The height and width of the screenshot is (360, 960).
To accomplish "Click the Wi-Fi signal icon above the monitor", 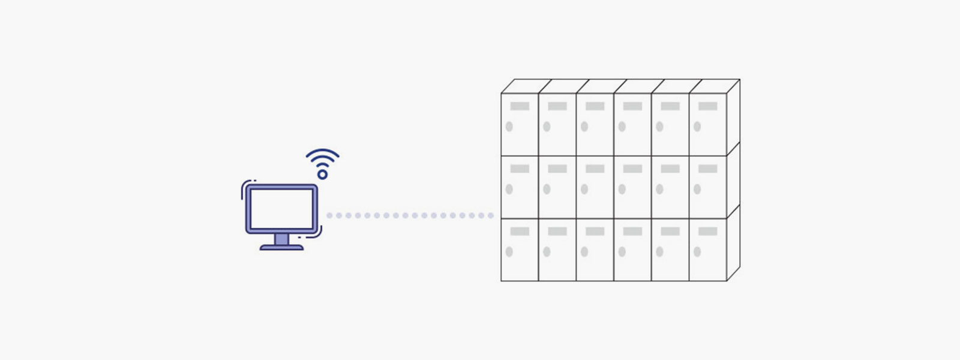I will [322, 161].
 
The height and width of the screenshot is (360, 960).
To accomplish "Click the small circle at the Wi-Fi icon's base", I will [322, 175].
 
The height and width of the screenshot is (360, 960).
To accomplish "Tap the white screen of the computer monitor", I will [281, 208].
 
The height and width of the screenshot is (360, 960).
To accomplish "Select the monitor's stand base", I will [281, 247].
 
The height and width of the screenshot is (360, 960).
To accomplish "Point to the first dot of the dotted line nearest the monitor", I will [329, 215].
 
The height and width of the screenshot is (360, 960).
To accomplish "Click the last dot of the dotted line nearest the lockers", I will [490, 215].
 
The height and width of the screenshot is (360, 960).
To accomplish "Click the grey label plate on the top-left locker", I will [520, 106].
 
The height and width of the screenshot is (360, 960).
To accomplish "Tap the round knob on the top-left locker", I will [509, 127].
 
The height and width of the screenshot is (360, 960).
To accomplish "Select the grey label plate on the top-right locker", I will [707, 106].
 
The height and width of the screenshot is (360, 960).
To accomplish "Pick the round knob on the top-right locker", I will [697, 127].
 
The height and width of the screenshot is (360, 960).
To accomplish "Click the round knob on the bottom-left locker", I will [509, 252].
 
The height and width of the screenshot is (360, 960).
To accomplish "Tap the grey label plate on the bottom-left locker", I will [520, 231].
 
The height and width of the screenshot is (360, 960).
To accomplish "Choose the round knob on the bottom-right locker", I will [697, 252].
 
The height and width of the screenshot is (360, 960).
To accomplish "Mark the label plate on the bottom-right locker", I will [707, 231].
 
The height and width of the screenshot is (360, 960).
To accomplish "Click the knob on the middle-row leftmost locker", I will [509, 189].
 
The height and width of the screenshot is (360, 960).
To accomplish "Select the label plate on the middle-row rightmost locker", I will [707, 169].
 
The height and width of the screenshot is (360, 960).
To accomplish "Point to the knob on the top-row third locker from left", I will [584, 127].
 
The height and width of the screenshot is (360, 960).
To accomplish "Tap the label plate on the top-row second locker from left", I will [557, 106].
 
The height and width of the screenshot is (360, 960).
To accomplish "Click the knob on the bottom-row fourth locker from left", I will [622, 252].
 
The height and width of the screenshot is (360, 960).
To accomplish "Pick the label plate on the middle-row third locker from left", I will [595, 169].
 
